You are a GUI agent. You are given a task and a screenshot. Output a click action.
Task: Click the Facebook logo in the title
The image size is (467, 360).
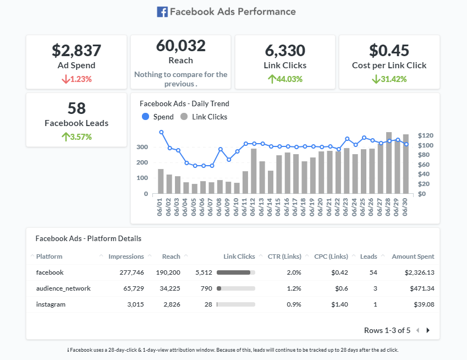(162, 12)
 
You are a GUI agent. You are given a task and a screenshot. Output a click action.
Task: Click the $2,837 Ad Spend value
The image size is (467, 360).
(76, 51)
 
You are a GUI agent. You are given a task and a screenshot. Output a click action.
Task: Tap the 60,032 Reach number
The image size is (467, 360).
(180, 46)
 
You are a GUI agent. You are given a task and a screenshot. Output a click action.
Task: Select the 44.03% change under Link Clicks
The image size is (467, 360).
(285, 79)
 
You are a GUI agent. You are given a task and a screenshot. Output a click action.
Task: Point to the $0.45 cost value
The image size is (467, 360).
(389, 51)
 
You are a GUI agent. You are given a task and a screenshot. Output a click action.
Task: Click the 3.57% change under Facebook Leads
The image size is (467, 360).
(76, 137)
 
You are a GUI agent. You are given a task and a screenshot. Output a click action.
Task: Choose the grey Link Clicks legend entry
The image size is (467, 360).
(204, 117)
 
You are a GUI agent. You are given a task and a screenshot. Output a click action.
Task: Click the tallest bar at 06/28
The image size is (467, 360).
(389, 162)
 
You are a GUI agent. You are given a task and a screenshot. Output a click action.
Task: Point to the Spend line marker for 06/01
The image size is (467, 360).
(161, 132)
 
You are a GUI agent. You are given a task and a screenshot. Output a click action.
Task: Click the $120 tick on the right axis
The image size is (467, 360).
(426, 135)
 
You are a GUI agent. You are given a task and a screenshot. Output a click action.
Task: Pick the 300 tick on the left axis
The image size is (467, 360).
(142, 148)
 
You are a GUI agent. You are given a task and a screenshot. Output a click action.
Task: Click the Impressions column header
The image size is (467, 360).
(126, 257)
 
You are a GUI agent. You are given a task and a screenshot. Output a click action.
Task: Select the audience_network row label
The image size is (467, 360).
(63, 288)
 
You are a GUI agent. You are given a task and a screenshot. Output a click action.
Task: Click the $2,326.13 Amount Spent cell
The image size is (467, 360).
(419, 272)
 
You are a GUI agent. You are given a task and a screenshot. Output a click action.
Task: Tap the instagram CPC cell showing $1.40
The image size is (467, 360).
(339, 304)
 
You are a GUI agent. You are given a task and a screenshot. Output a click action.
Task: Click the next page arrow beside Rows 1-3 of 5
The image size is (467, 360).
(428, 330)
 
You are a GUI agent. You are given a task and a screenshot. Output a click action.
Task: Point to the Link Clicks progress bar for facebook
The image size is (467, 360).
(235, 272)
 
